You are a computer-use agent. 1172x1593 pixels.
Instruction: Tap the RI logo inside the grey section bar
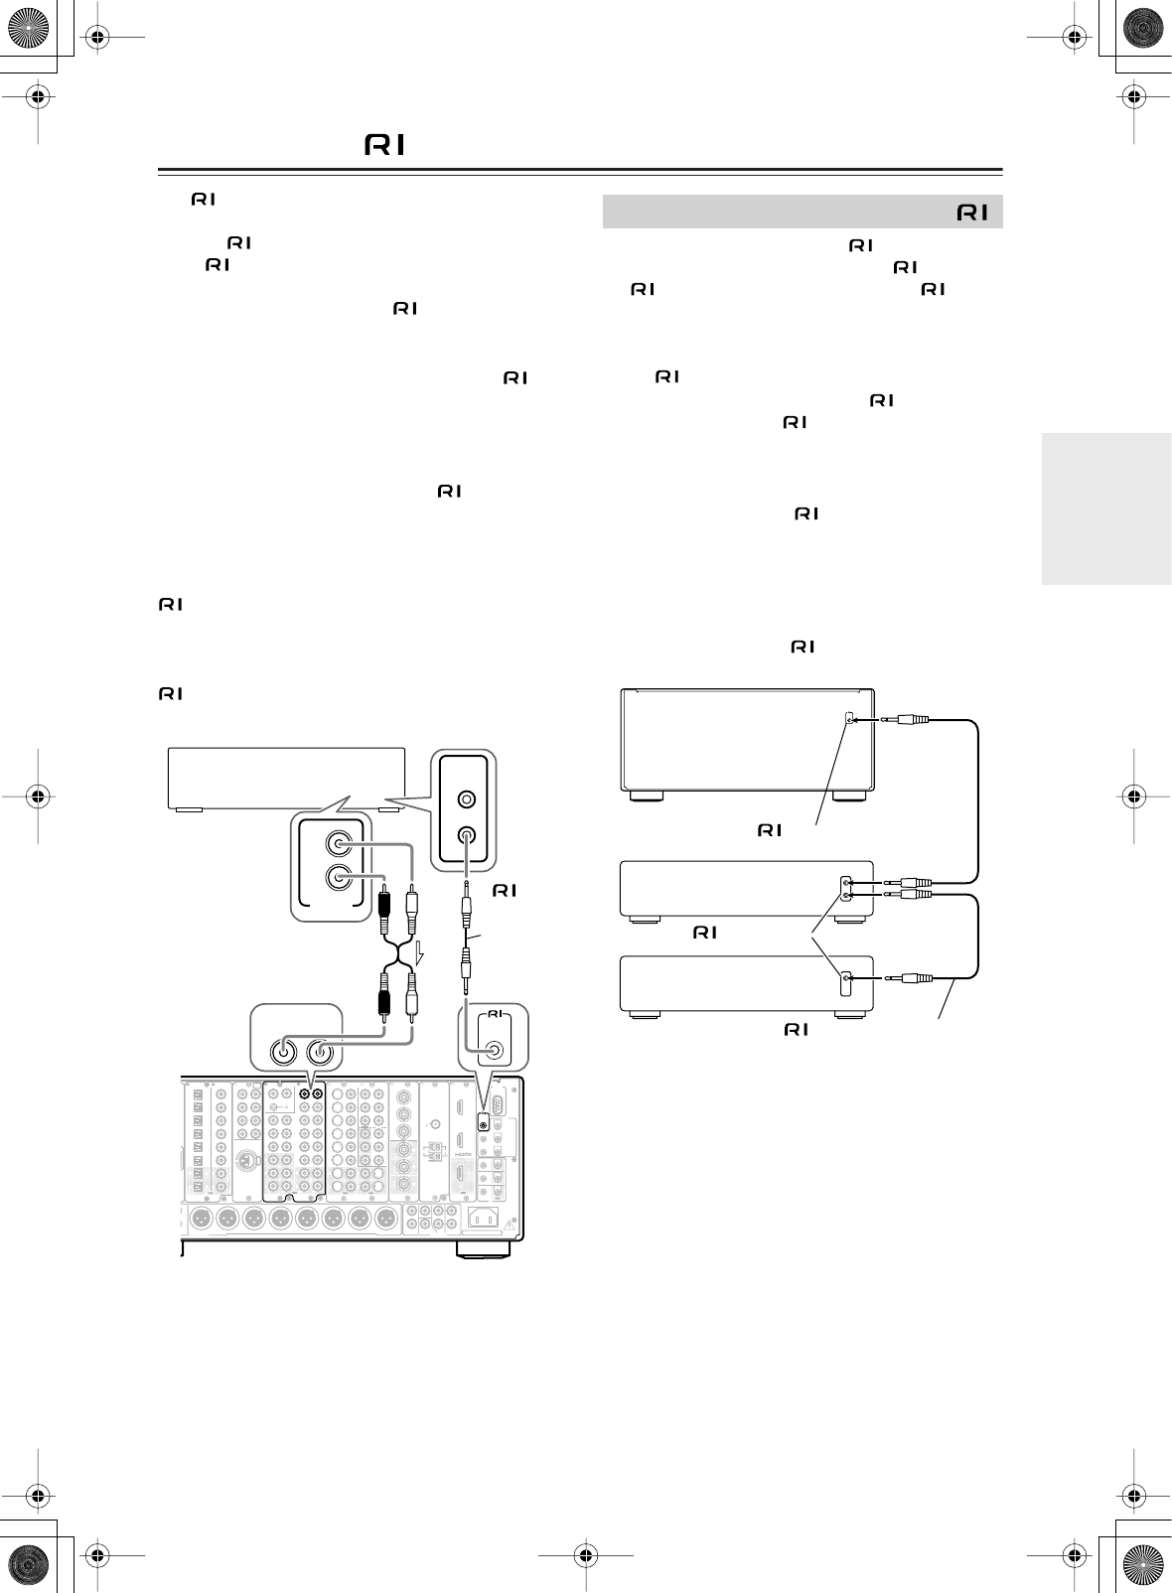click(972, 213)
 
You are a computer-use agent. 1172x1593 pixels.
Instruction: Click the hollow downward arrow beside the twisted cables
click(419, 956)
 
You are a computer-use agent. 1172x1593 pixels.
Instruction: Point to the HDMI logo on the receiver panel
click(460, 1154)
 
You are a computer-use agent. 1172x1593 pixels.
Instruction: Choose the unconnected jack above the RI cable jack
click(465, 797)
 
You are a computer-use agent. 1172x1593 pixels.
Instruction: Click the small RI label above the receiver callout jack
click(495, 1015)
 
